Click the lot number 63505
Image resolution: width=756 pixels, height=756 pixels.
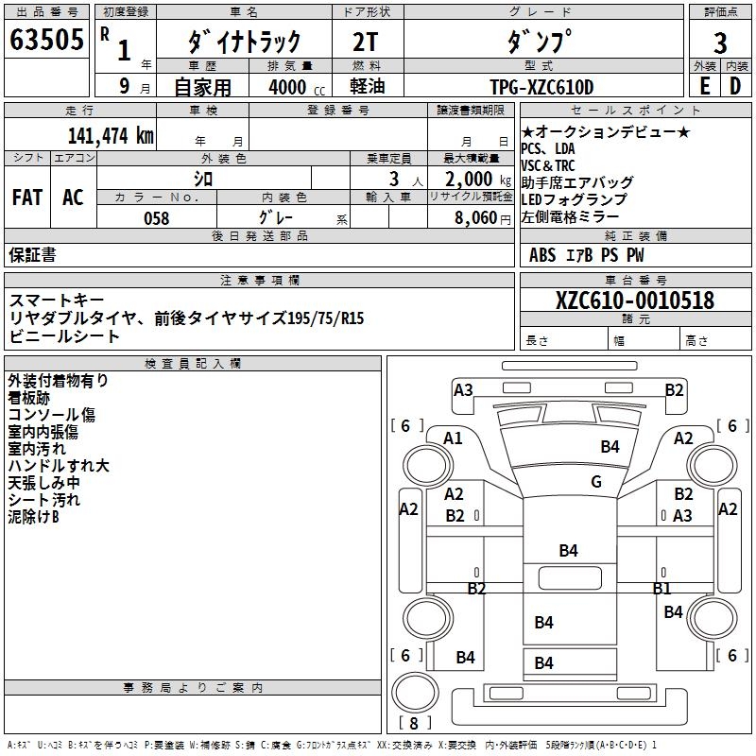click(46, 41)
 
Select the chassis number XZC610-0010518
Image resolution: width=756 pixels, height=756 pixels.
click(634, 301)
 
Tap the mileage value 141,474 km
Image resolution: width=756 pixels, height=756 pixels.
click(111, 135)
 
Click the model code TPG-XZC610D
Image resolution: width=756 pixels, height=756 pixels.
click(541, 88)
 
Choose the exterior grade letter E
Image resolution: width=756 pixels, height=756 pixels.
click(704, 86)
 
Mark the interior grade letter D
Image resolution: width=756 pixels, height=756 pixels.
click(735, 86)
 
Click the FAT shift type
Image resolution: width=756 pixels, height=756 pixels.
click(26, 198)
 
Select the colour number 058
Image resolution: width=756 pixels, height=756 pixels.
click(156, 218)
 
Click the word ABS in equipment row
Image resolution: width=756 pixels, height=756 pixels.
click(542, 254)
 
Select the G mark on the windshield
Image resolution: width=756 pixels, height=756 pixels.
click(595, 481)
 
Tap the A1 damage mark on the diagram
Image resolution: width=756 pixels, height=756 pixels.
click(453, 438)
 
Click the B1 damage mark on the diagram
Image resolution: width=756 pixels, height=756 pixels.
click(661, 588)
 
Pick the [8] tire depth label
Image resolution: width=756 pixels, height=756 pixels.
click(413, 724)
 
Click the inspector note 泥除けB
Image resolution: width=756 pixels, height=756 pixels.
click(34, 517)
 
